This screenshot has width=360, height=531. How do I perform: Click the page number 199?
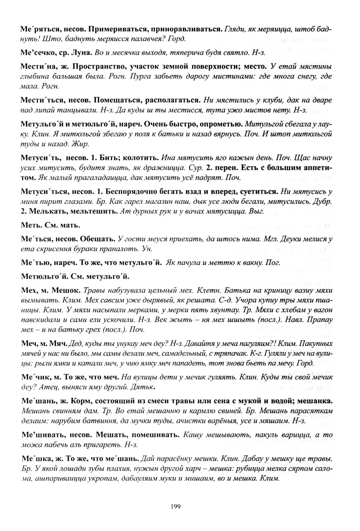coord(175,507)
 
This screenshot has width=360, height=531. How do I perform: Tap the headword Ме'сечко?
coord(37,52)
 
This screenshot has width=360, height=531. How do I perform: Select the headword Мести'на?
coord(36,67)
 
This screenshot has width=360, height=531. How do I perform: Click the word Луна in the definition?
coord(82,52)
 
